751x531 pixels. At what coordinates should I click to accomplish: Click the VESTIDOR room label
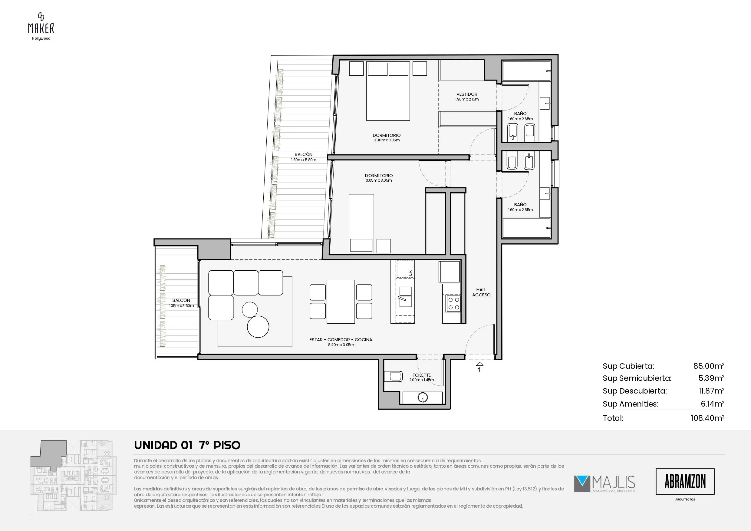pyautogui.click(x=467, y=94)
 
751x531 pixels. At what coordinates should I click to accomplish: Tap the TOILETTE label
pyautogui.click(x=422, y=375)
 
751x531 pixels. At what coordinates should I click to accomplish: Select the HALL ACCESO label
pyautogui.click(x=481, y=292)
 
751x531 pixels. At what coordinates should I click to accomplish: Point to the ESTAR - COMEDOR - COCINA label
pyautogui.click(x=341, y=340)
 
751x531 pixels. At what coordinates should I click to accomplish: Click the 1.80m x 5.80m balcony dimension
pyautogui.click(x=304, y=160)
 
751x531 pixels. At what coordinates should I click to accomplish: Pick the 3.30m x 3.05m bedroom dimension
pyautogui.click(x=387, y=140)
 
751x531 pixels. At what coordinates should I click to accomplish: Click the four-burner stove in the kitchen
pyautogui.click(x=453, y=303)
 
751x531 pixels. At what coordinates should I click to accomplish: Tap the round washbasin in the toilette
pyautogui.click(x=423, y=397)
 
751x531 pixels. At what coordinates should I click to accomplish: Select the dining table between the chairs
pyautogui.click(x=341, y=302)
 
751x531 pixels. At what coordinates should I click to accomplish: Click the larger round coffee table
pyautogui.click(x=258, y=327)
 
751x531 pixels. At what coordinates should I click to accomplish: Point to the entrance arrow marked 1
pyautogui.click(x=479, y=364)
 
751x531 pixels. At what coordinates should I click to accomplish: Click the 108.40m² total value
pyautogui.click(x=707, y=418)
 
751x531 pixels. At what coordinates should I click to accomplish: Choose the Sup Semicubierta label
pyautogui.click(x=637, y=378)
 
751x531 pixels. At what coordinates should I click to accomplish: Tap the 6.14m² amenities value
pyautogui.click(x=712, y=404)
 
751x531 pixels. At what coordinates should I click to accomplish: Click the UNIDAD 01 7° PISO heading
pyautogui.click(x=187, y=445)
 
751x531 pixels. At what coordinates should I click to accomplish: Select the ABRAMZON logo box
pyautogui.click(x=685, y=481)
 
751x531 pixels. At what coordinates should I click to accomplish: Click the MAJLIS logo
pyautogui.click(x=604, y=484)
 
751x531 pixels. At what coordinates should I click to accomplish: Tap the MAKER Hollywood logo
pyautogui.click(x=41, y=26)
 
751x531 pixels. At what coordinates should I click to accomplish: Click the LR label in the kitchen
pyautogui.click(x=410, y=271)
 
